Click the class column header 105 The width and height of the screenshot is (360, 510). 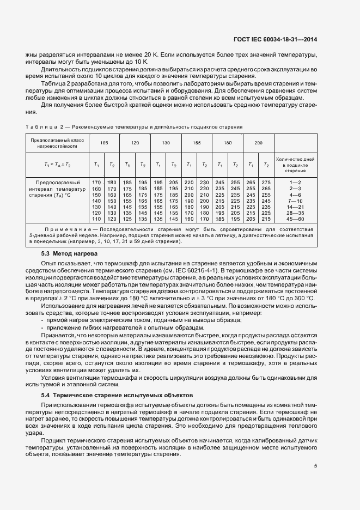click(104, 142)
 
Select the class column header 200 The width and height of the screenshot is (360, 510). click(258, 142)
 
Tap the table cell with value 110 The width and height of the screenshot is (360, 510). click(96, 218)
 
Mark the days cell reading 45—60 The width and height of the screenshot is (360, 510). click(295, 218)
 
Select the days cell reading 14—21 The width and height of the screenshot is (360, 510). click(295, 207)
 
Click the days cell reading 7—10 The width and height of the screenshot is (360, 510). click(295, 200)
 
